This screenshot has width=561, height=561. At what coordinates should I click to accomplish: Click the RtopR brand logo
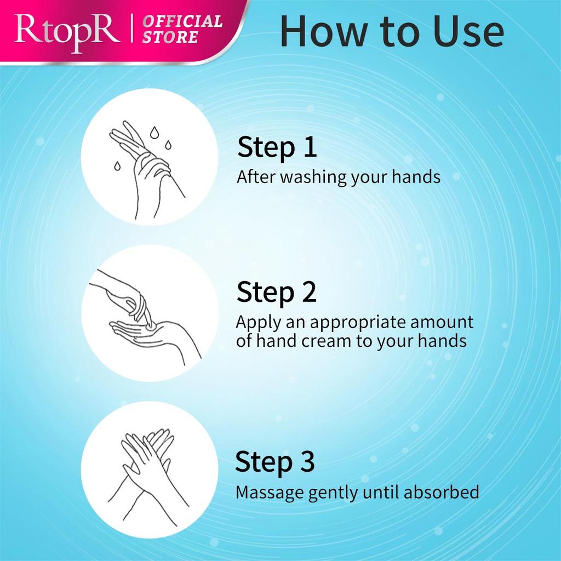[66, 31]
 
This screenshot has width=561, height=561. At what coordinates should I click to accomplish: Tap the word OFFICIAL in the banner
[183, 22]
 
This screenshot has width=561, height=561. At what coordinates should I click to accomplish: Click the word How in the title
[320, 32]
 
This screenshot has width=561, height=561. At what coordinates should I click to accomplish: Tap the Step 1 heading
[277, 148]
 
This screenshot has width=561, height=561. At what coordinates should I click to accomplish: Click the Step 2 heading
[277, 293]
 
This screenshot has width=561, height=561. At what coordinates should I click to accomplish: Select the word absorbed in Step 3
[441, 491]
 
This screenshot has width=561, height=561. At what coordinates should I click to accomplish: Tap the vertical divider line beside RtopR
[133, 31]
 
